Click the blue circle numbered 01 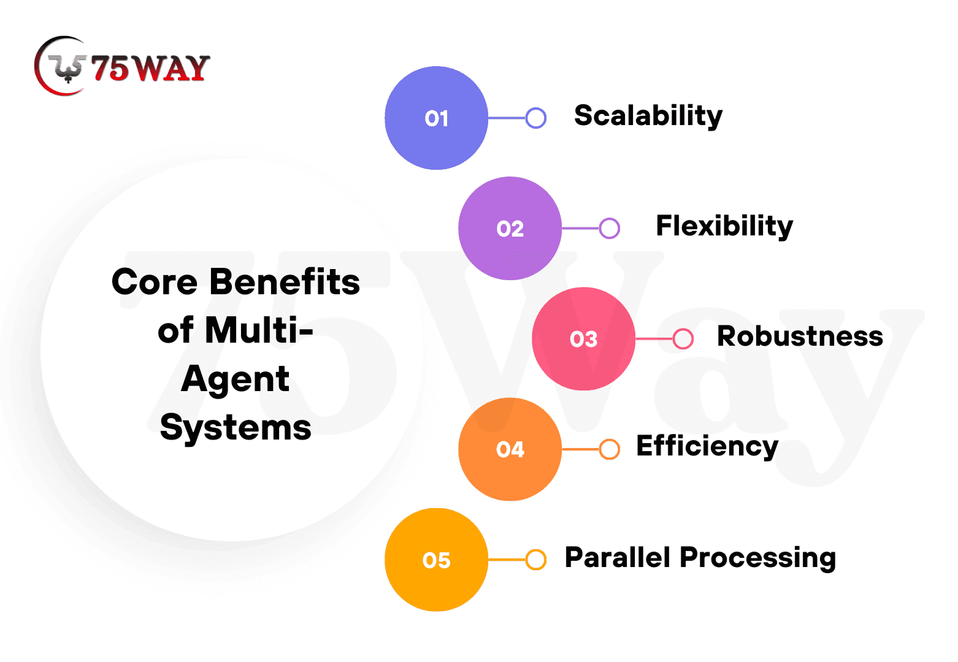tap(436, 118)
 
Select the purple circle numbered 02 tap(510, 228)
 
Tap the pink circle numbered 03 tap(583, 338)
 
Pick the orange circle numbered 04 tap(510, 449)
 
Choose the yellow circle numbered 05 tap(436, 559)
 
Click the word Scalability tap(648, 116)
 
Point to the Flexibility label tap(724, 226)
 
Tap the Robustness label tap(800, 337)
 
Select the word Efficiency tap(707, 447)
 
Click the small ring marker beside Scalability tap(536, 118)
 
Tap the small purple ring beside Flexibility tap(610, 228)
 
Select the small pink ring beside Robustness tap(683, 338)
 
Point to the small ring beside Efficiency tap(610, 449)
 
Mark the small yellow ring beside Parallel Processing tap(536, 559)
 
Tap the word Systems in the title tap(236, 428)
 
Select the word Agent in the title tap(236, 379)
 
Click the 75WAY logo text tap(150, 67)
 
